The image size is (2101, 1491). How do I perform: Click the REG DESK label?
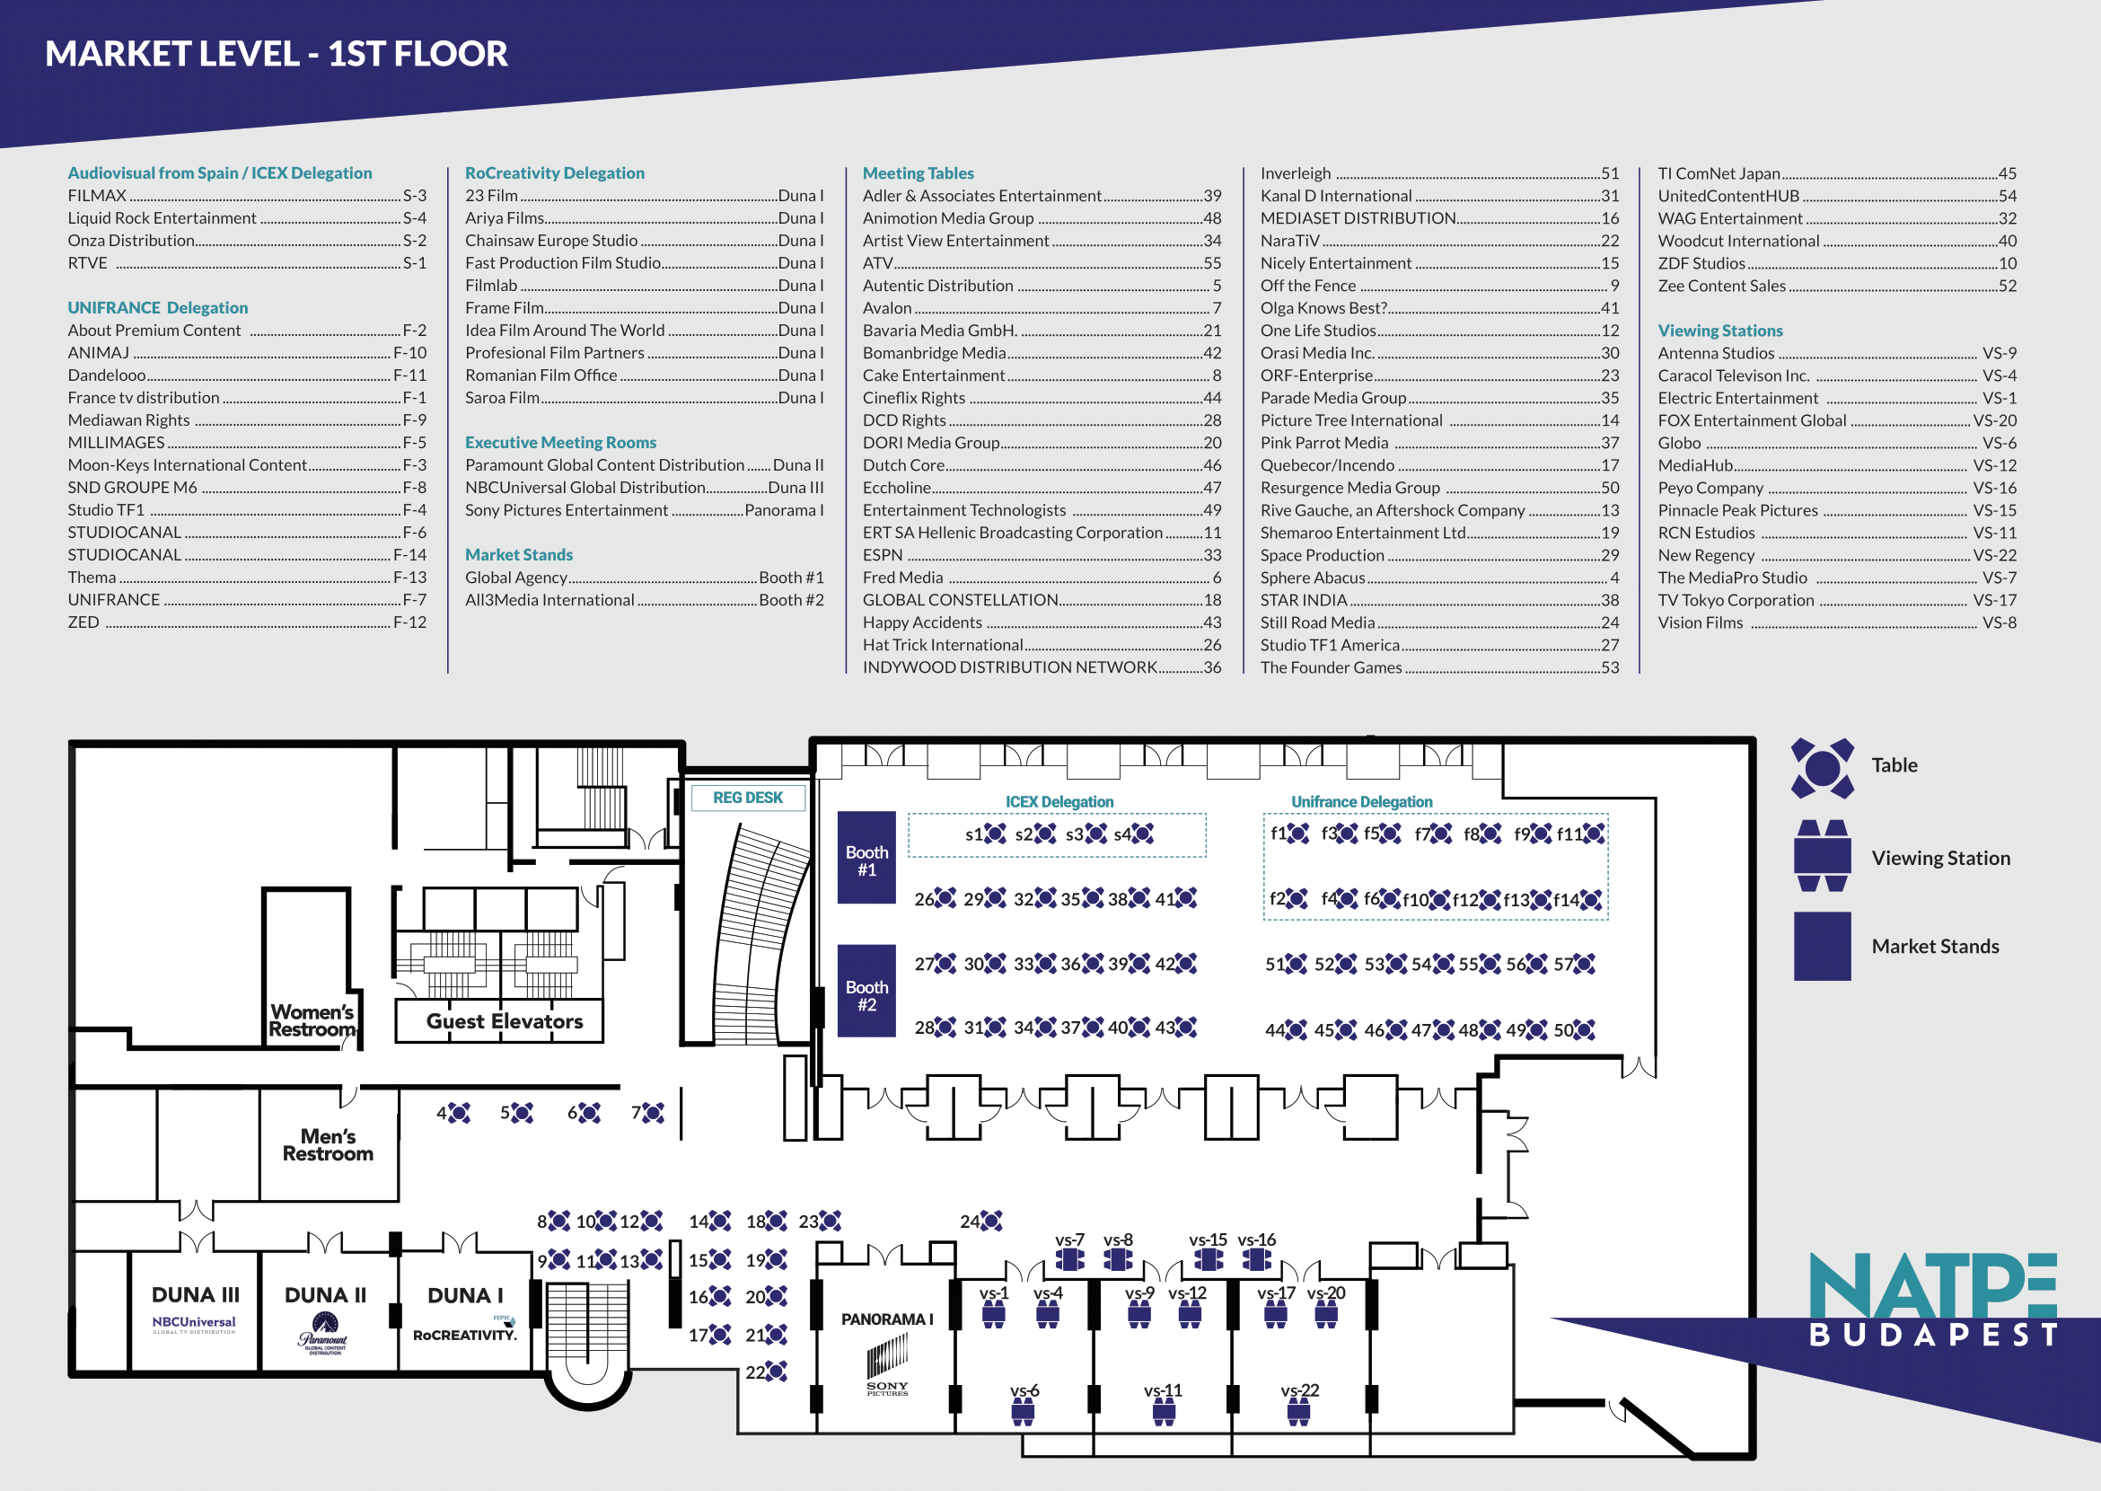(747, 798)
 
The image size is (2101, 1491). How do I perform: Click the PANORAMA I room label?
(887, 1319)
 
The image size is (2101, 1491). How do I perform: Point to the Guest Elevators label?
(504, 1021)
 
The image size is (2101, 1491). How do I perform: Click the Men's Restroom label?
(328, 1145)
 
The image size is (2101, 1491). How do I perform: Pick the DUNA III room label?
(195, 1294)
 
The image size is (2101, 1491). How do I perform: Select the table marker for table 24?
(991, 1221)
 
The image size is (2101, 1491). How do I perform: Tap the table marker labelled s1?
(995, 834)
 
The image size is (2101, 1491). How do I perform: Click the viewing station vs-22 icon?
(1298, 1412)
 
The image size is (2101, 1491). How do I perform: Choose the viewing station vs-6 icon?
(1023, 1412)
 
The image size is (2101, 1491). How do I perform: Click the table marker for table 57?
(1584, 964)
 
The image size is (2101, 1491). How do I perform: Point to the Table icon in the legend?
(1822, 768)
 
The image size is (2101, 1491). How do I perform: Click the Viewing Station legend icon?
(1822, 856)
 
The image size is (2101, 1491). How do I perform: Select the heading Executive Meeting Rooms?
(560, 443)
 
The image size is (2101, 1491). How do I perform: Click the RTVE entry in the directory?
(88, 263)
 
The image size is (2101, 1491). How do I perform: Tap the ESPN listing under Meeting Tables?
(883, 555)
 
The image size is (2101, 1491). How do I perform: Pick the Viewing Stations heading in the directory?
(1719, 331)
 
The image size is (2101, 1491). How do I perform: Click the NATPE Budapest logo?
(1932, 1299)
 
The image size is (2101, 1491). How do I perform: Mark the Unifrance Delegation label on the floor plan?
(1361, 801)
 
